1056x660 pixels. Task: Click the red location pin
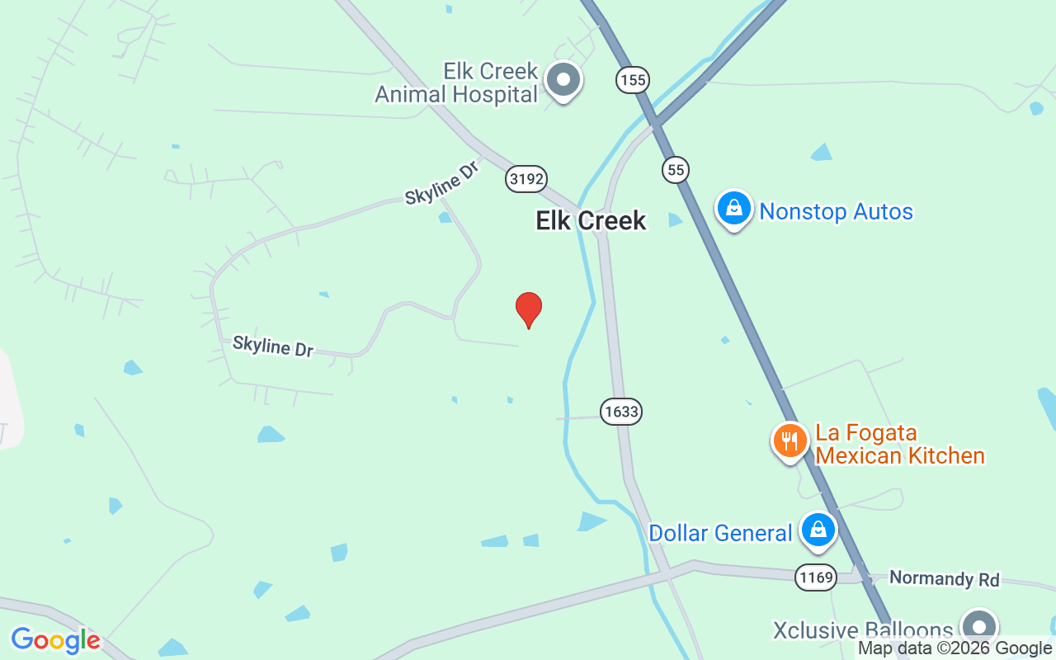tap(529, 309)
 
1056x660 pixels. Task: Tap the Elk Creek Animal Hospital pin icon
tap(564, 80)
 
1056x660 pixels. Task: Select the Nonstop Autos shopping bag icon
tap(733, 208)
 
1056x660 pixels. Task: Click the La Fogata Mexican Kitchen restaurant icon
tap(790, 440)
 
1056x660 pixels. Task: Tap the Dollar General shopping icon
tap(818, 530)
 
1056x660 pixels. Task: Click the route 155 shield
tap(632, 80)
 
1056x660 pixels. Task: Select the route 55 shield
tap(675, 170)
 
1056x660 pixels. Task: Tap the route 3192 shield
tap(526, 179)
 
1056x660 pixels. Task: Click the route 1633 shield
tap(621, 411)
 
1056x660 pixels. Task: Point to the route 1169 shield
tap(816, 577)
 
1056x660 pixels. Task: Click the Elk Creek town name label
tap(591, 220)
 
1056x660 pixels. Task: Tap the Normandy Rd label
tap(944, 578)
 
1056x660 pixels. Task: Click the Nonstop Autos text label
tap(836, 212)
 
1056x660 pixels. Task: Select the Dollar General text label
tap(720, 533)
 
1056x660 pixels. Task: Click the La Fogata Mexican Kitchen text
tap(899, 444)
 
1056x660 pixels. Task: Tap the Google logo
tap(55, 640)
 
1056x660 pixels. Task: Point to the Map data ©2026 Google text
tap(955, 648)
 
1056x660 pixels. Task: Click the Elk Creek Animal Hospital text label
tap(456, 82)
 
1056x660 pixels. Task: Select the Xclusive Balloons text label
tap(862, 630)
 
